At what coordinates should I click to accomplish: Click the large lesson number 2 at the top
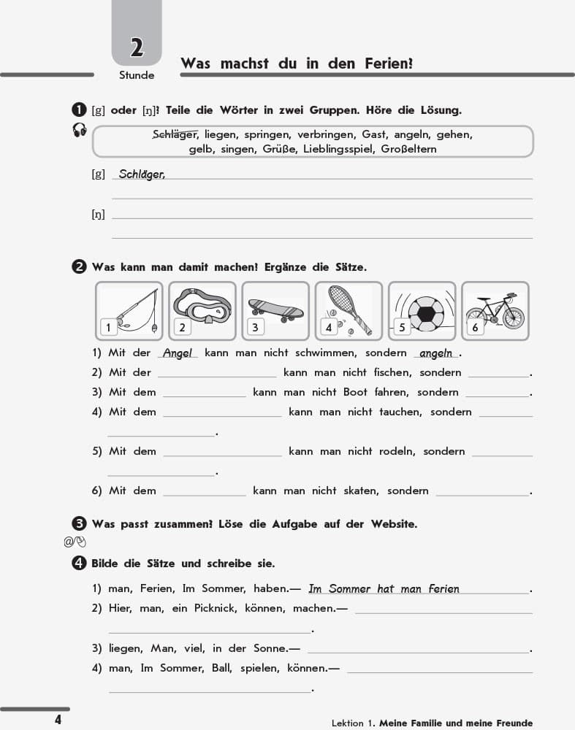[137, 48]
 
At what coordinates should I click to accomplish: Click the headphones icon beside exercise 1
[80, 130]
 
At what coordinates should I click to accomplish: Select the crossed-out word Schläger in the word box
[175, 134]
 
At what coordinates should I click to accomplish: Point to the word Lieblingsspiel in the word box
[341, 149]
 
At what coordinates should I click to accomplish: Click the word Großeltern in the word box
[406, 149]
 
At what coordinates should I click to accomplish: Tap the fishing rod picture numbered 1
[129, 310]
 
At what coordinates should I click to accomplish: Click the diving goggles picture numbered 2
[202, 310]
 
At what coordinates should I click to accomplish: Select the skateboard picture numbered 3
[275, 310]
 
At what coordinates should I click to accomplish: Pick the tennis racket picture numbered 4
[349, 310]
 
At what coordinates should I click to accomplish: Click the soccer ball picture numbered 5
[422, 310]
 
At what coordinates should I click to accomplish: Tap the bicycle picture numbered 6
[495, 310]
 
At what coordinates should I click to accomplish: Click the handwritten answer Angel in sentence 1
[177, 353]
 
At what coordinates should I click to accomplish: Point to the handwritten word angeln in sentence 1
[436, 353]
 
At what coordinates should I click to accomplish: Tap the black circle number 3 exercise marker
[80, 523]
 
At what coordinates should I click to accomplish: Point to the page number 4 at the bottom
[58, 720]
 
